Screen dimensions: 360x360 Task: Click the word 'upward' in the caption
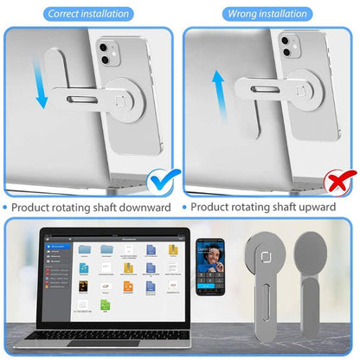(x=324, y=207)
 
